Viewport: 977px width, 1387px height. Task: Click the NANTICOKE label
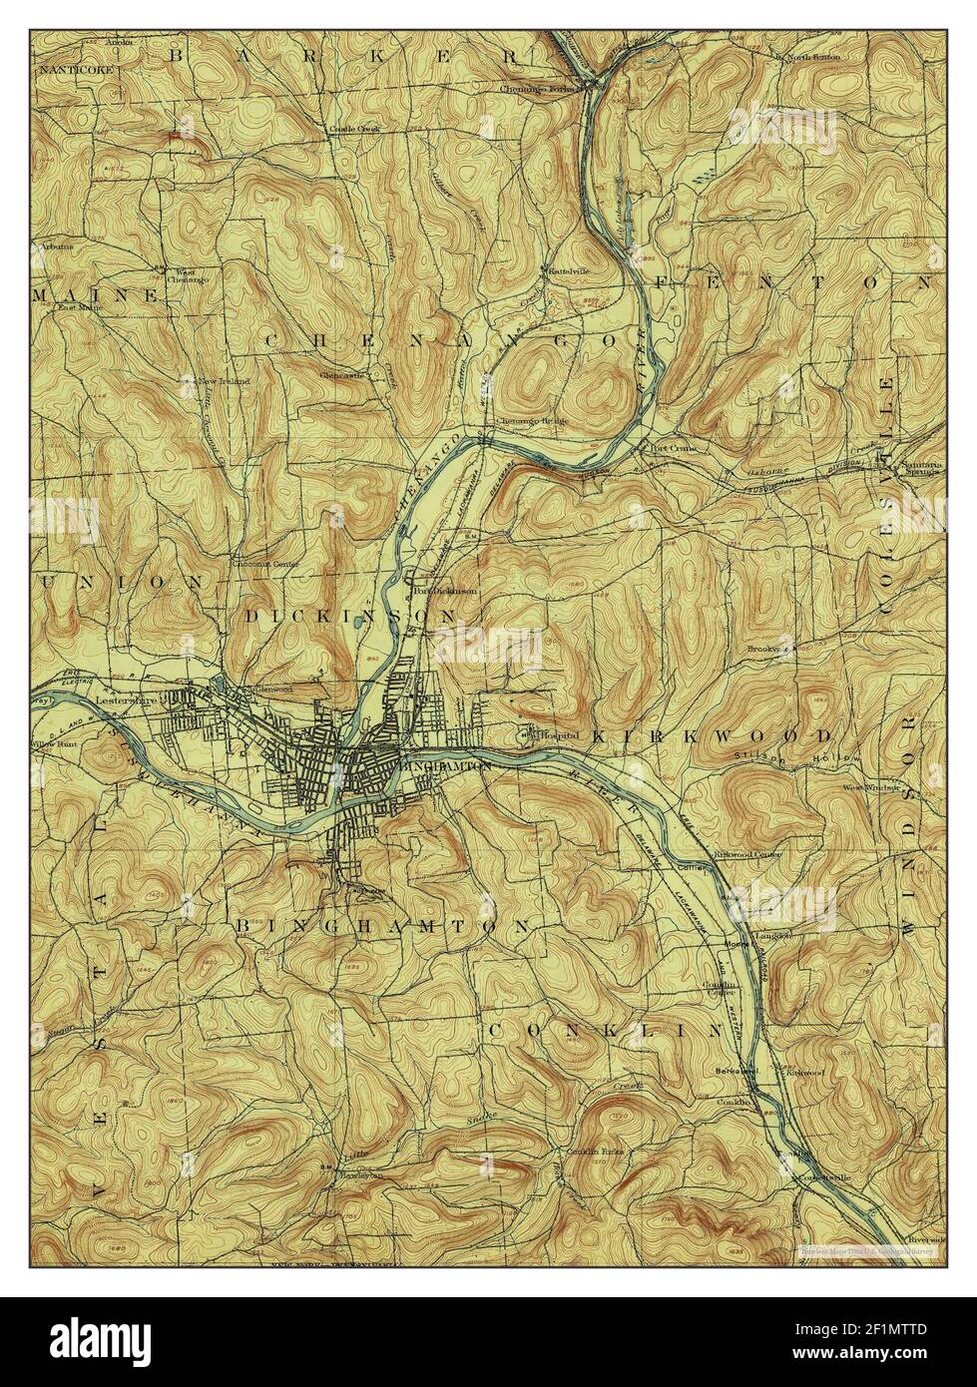click(70, 71)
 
